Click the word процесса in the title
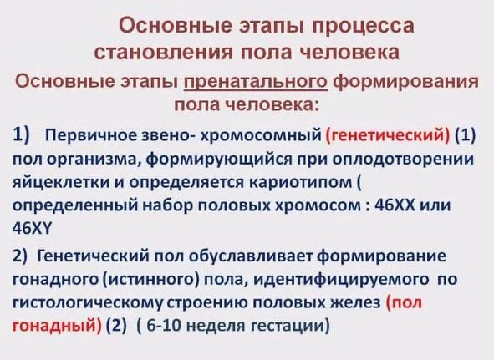pos(363,26)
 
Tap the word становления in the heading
pos(163,52)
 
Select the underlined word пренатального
pos(256,82)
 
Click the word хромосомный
pos(261,135)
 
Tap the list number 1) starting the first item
pos(21,134)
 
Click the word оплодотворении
pos(403,159)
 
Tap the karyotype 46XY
pos(32,229)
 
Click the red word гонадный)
pos(57,326)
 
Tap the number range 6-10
pos(164,326)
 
